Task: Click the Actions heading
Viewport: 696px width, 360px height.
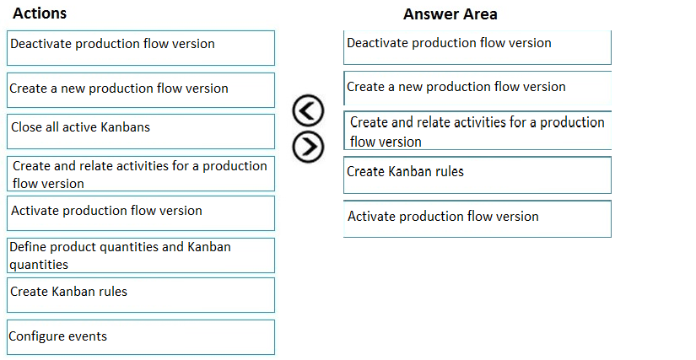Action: pos(40,13)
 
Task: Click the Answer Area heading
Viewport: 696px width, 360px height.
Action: pos(451,14)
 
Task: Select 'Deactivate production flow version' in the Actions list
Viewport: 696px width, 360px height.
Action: pos(141,48)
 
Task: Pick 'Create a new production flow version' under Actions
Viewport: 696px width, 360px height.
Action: pos(141,90)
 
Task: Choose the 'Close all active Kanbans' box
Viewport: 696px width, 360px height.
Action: pos(141,132)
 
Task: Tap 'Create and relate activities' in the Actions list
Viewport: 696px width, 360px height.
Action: pos(141,174)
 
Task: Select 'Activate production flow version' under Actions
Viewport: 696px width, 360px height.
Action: pos(141,213)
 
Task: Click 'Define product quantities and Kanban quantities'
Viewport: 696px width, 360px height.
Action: pos(141,255)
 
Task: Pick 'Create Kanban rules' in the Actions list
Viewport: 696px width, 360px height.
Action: pos(141,295)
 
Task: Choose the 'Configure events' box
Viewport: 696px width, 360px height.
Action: pos(141,337)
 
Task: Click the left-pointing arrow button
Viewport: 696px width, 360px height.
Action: pos(308,110)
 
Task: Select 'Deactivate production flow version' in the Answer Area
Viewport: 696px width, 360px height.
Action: pos(477,47)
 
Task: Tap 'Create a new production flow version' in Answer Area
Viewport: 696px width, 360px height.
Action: pos(477,88)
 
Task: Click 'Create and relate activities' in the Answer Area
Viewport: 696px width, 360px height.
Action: pos(477,131)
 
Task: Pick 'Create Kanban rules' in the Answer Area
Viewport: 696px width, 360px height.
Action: pos(477,175)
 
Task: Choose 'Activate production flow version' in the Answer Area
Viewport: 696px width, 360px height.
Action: pos(477,219)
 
